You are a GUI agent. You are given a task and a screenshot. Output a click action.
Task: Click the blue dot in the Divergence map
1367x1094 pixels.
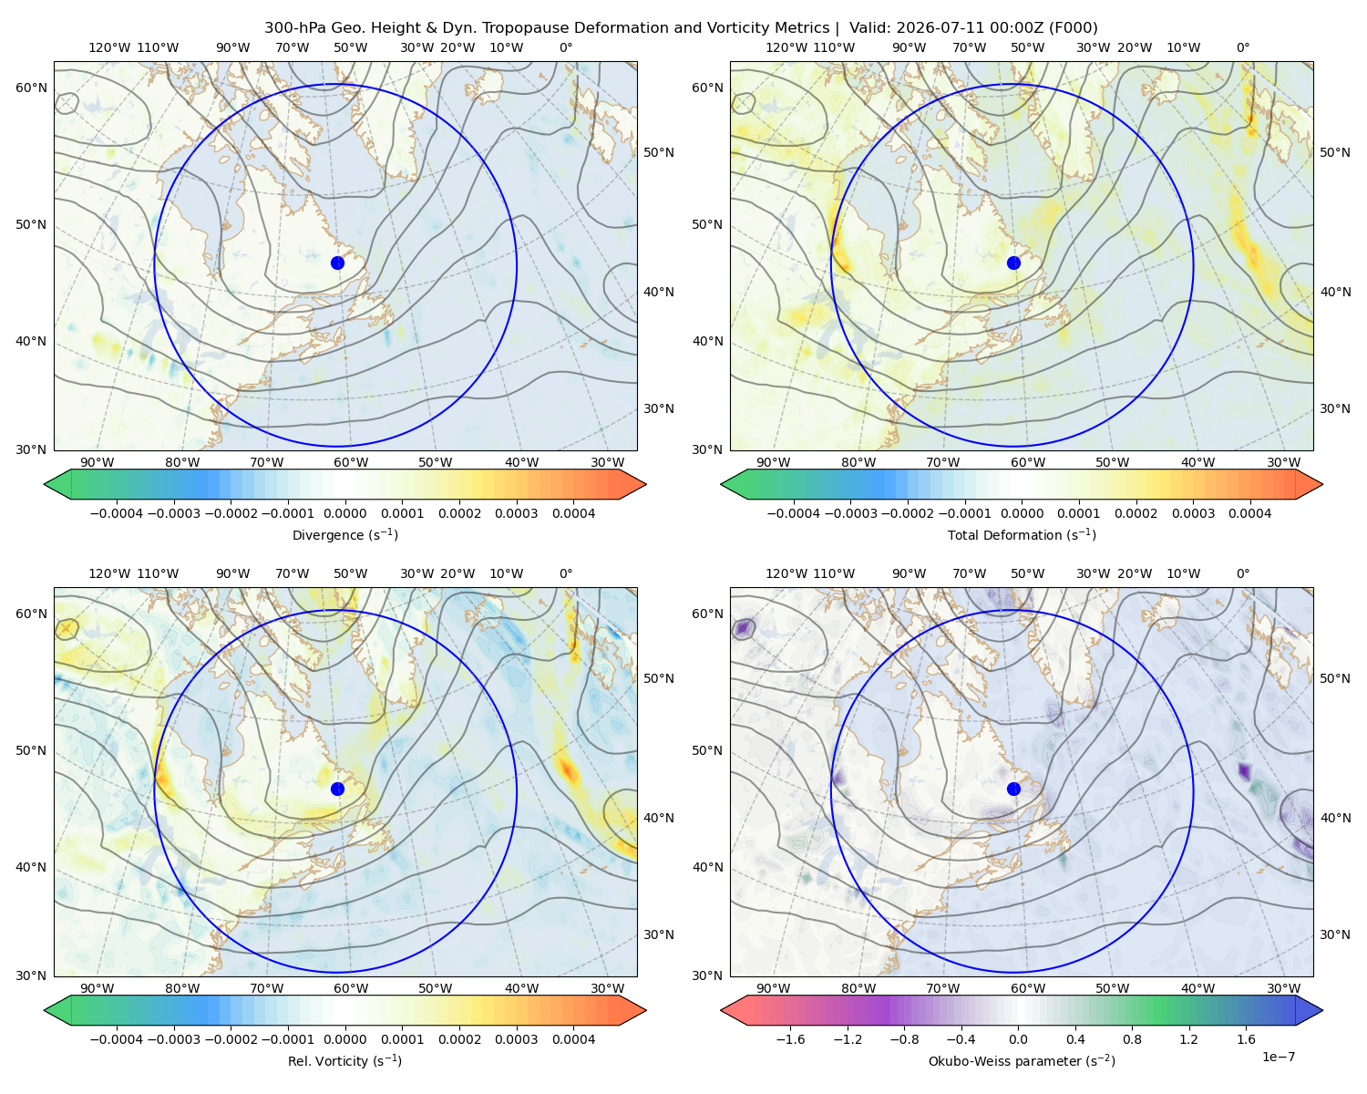pos(337,263)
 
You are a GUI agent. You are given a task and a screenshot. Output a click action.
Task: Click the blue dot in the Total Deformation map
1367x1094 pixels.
pos(1013,263)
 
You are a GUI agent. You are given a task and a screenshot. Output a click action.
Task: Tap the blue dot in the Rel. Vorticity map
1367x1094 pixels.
pos(337,789)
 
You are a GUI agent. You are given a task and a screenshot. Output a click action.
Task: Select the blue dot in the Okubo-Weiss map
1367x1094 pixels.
pos(1013,789)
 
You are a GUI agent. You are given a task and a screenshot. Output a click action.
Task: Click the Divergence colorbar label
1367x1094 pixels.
pos(344,535)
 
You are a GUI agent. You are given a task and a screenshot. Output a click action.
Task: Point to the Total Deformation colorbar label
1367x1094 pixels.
pos(1022,535)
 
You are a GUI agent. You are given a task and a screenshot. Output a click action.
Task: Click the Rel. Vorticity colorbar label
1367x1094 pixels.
pos(344,1061)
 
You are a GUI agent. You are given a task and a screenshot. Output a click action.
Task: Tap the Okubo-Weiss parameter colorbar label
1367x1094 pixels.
pos(1022,1061)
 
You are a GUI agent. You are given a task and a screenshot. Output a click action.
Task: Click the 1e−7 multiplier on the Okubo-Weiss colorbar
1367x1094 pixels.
pos(1278,1057)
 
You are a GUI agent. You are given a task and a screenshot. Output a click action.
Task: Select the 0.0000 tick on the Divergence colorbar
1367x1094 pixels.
pos(344,513)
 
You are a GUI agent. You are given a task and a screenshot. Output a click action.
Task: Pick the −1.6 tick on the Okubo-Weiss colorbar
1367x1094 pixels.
pos(790,1039)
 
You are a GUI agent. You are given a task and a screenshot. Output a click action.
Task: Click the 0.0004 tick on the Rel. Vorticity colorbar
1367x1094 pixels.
pos(573,1039)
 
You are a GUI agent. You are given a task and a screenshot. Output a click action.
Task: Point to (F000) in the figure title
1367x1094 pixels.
pos(1074,28)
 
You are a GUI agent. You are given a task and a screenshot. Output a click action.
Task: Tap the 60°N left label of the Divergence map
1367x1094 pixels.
pos(31,88)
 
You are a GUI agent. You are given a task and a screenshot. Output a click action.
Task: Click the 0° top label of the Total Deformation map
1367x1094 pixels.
pos(1243,47)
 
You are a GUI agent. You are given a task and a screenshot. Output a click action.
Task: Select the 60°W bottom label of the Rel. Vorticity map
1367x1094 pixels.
pos(351,988)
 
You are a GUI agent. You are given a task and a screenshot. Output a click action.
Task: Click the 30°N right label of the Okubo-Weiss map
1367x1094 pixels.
pos(1335,934)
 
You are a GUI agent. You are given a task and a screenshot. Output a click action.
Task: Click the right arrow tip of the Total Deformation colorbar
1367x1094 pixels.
pos(1322,484)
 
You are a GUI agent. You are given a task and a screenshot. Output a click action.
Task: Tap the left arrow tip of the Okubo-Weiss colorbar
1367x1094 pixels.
pos(721,1011)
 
